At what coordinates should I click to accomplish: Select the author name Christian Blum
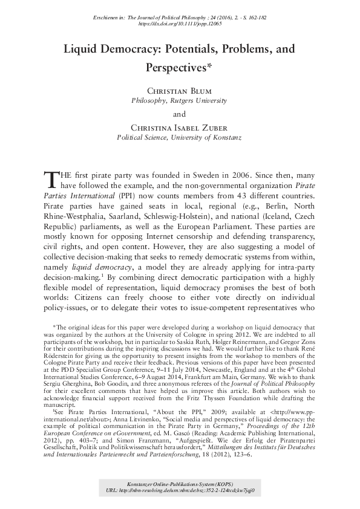click(x=180, y=92)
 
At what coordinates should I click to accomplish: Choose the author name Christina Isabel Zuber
click(x=180, y=128)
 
